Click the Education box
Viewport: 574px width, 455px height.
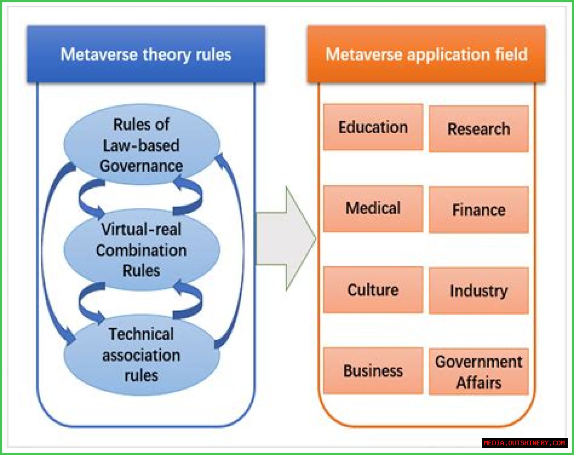pos(373,127)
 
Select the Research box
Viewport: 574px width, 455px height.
pos(478,129)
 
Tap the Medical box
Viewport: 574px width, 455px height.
pos(373,208)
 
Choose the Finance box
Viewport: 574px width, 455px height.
pos(478,210)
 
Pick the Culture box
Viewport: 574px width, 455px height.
pos(373,290)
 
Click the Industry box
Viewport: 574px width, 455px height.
pos(478,291)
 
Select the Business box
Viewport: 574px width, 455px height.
pos(373,371)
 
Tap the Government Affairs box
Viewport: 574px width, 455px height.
pos(478,372)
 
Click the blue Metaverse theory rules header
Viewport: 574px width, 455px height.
pos(146,54)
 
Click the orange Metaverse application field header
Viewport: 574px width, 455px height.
pos(426,54)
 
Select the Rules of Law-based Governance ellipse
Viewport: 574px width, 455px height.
pos(141,145)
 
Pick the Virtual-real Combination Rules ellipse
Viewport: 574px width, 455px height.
pos(141,250)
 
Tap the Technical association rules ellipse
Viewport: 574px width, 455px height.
pos(141,355)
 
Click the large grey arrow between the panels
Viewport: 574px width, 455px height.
pos(287,239)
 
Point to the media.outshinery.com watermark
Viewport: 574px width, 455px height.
pos(524,443)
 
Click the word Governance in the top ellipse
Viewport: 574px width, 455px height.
pos(141,166)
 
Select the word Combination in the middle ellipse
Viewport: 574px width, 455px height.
pos(141,250)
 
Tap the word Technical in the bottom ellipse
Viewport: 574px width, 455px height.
pos(141,334)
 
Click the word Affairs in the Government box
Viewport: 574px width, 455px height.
pos(478,382)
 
